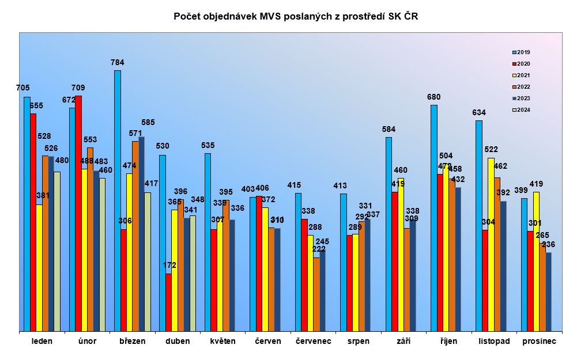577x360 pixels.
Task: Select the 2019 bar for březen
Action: [118, 201]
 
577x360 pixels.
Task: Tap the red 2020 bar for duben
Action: [168, 302]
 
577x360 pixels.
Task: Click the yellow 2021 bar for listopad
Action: [491, 245]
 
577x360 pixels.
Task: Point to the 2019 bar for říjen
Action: [433, 218]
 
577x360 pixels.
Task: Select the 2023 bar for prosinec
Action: [548, 292]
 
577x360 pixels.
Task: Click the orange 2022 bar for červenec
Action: [316, 294]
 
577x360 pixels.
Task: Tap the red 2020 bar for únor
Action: [78, 214]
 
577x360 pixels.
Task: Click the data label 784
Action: [118, 62]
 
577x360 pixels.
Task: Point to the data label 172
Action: [169, 266]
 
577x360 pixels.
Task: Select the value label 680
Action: [433, 97]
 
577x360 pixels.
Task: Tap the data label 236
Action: [548, 245]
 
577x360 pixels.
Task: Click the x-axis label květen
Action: [223, 341]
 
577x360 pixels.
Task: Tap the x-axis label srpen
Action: [359, 341]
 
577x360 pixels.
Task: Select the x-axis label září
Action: [404, 341]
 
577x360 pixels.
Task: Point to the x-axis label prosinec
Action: [539, 341]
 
